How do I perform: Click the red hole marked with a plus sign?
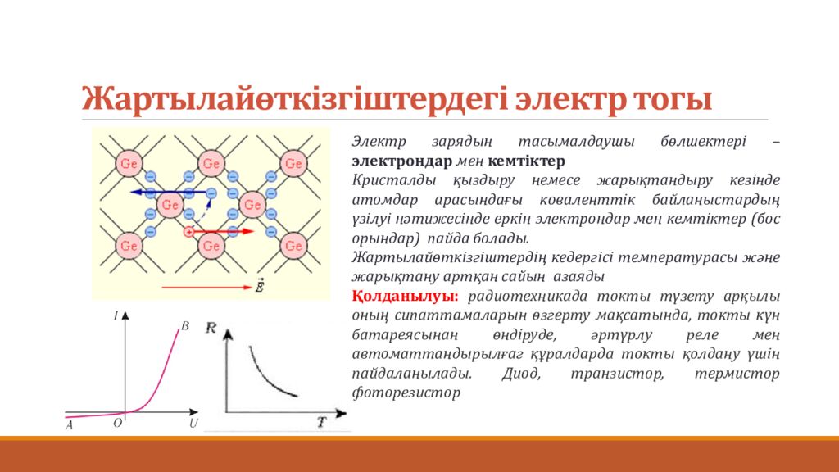pos(189,232)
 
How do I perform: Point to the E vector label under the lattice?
pos(260,287)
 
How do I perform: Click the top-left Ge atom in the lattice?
pos(129,163)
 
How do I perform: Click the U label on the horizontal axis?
pos(193,423)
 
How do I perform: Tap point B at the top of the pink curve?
pos(184,326)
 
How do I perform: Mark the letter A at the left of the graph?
pos(70,424)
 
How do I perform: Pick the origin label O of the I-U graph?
pos(118,423)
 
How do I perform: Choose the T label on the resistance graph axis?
pos(321,423)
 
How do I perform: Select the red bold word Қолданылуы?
pos(405,296)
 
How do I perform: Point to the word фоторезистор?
pos(406,392)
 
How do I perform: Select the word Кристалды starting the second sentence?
pos(389,179)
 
